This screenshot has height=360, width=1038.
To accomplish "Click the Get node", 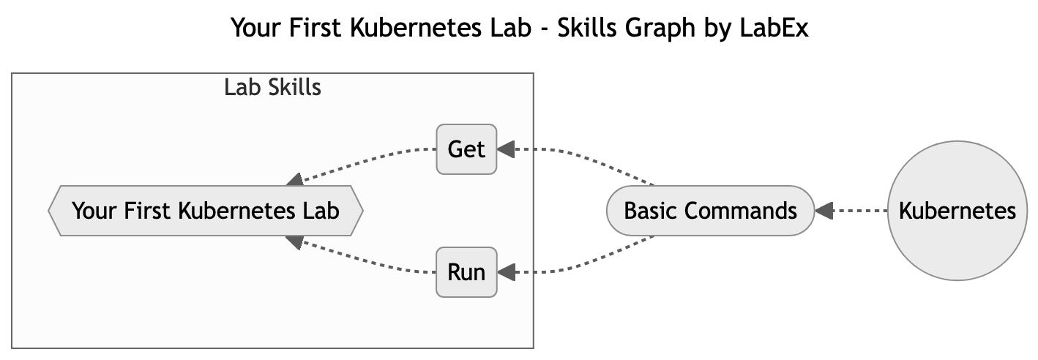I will click(466, 149).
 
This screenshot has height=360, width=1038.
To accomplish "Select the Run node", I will click(466, 272).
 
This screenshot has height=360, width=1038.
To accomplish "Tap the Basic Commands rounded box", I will click(710, 211).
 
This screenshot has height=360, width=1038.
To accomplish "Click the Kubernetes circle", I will click(957, 211).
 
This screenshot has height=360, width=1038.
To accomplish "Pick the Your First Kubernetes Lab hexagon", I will click(205, 211).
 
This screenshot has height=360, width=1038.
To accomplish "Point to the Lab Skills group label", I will click(272, 88).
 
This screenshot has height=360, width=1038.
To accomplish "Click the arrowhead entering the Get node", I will click(506, 150).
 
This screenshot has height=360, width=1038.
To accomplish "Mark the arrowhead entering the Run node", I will click(506, 273).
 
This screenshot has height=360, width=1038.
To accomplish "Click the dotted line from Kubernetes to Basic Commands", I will click(860, 211).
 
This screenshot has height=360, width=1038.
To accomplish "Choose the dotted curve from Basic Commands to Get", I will click(586, 156).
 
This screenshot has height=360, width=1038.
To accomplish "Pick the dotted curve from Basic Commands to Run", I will click(586, 266).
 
